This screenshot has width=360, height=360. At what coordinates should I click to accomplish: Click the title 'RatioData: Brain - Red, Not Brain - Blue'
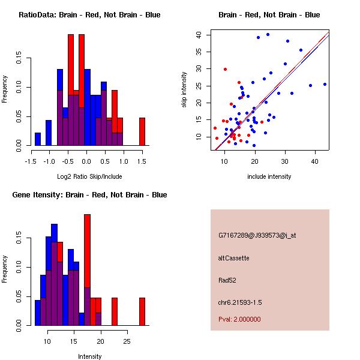[89, 14]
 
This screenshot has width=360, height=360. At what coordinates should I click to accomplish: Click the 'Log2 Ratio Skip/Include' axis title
[86, 176]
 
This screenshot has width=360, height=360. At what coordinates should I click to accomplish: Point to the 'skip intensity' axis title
[184, 90]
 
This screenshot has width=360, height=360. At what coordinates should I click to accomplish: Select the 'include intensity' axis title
[269, 176]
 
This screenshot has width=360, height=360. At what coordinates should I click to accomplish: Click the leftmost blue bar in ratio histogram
[38, 139]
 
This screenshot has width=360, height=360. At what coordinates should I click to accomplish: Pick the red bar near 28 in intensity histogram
[142, 311]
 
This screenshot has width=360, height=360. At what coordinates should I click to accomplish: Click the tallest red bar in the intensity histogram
[87, 270]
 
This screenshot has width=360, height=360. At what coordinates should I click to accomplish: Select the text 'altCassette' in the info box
[234, 258]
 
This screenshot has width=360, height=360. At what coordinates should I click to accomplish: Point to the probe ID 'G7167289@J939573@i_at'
[257, 235]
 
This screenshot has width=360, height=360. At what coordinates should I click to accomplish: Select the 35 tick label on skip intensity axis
[199, 52]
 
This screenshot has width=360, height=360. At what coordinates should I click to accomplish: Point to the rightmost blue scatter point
[325, 84]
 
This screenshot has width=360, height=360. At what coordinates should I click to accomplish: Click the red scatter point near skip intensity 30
[225, 69]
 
